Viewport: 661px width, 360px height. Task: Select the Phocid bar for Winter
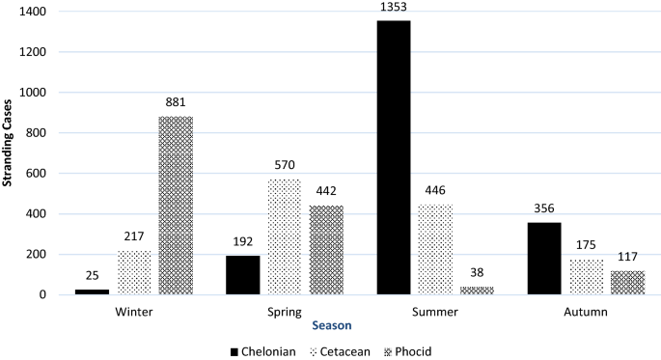tap(176, 206)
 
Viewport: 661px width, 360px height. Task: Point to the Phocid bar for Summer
tap(478, 291)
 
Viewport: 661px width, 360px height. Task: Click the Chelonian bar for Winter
tap(91, 291)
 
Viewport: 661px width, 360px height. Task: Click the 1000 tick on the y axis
tap(41, 93)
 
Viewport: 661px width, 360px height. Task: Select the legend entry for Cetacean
tap(345, 350)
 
